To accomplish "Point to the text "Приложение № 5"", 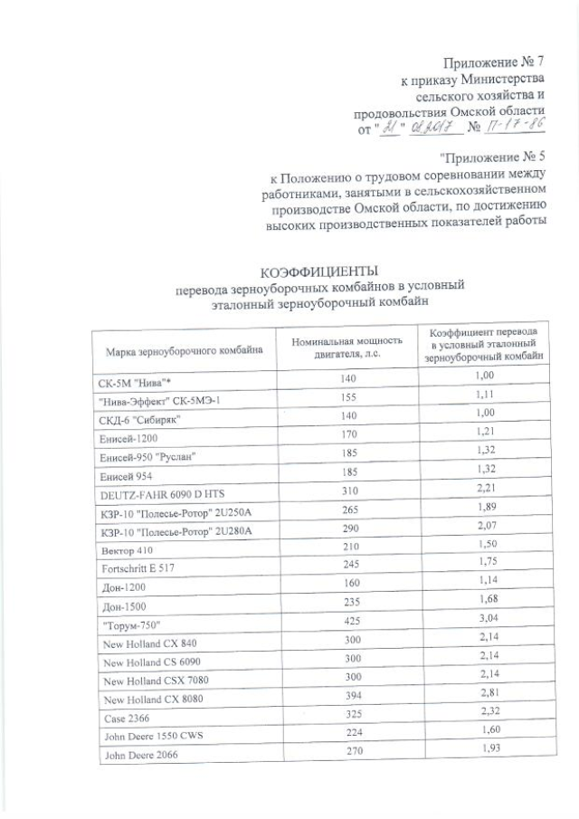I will click(x=494, y=158).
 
